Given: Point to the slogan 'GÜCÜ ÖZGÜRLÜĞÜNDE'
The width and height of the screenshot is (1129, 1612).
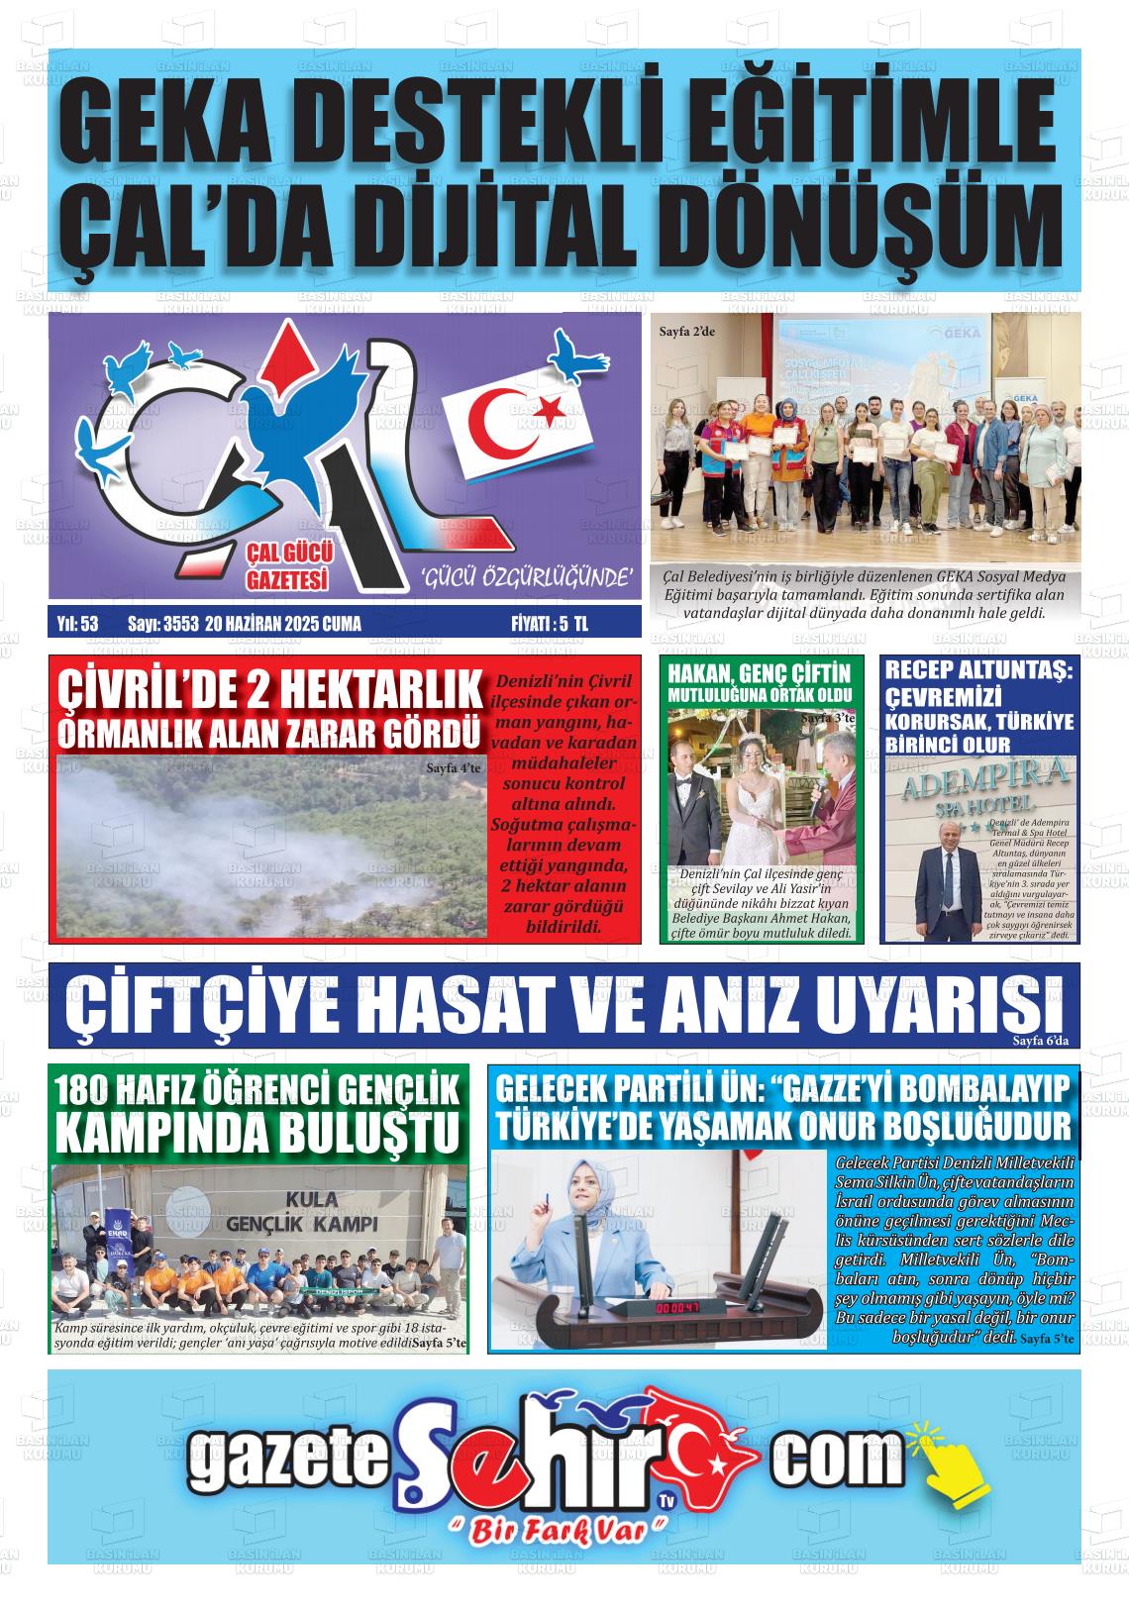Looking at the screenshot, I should [x=527, y=577].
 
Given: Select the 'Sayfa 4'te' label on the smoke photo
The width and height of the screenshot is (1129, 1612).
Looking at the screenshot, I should [x=453, y=767].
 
